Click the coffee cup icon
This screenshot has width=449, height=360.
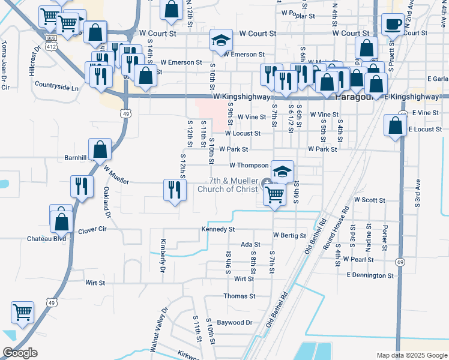(394, 25)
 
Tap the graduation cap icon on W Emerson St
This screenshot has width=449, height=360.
(221, 41)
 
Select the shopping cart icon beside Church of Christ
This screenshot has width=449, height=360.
(274, 194)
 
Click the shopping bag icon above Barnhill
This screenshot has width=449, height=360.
(100, 150)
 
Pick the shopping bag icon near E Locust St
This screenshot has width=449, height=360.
(394, 126)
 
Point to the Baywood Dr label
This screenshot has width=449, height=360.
(235, 322)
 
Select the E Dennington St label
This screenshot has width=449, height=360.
(370, 275)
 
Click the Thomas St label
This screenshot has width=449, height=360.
(239, 296)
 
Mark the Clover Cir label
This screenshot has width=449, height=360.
(92, 229)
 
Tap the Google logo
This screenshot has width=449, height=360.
(20, 353)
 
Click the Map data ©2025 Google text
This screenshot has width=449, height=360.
(411, 355)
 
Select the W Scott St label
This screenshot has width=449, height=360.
(369, 199)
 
